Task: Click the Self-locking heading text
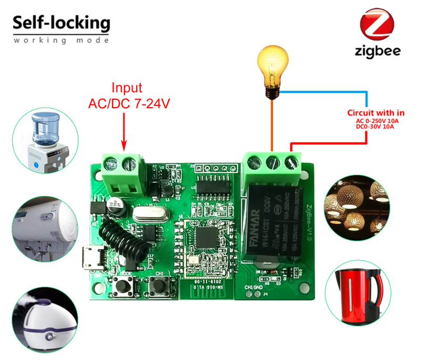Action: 61,23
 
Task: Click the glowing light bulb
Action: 272,70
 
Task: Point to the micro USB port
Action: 90,261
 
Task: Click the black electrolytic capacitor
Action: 115,206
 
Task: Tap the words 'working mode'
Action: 61,40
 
